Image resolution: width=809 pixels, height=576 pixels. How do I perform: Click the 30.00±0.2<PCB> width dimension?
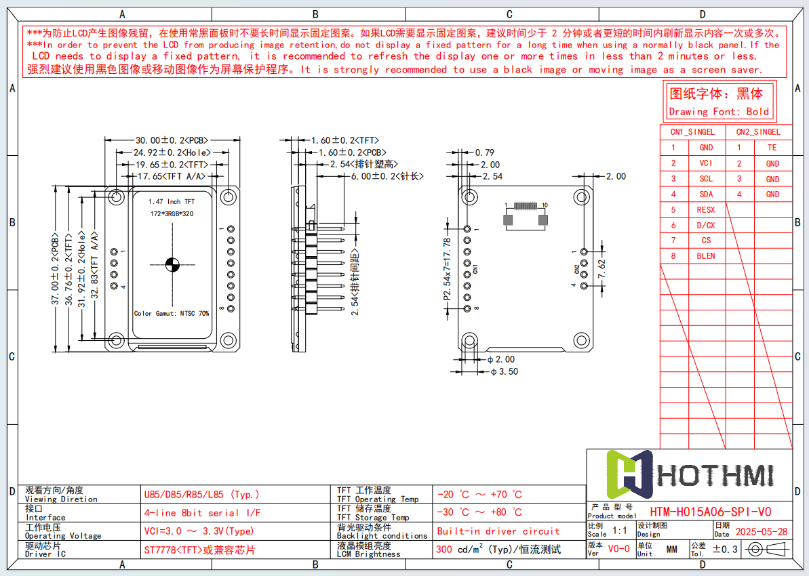172,140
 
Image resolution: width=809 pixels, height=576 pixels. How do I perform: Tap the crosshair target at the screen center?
172,264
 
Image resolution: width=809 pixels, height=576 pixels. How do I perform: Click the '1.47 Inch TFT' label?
172,201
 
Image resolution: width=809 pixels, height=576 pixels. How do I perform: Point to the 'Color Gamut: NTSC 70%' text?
172,313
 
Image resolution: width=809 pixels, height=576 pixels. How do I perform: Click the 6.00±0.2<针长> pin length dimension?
387,176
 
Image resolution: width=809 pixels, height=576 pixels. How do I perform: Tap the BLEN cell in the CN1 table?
706,255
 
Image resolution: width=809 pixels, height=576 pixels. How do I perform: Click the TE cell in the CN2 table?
772,147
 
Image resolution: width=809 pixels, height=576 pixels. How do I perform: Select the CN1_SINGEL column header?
692,132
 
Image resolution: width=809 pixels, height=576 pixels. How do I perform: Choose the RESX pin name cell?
706,210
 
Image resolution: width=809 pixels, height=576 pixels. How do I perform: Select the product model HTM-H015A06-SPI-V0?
710,512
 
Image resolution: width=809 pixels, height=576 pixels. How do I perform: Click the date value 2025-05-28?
761,532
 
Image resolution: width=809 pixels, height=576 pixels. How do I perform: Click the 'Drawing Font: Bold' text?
719,112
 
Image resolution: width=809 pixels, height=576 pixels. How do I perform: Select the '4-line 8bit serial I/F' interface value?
202,513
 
